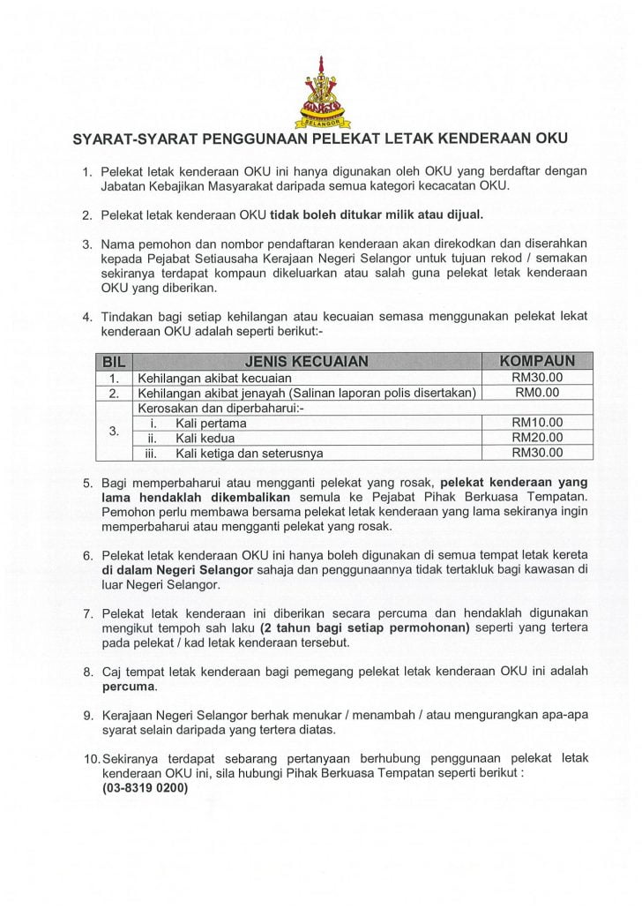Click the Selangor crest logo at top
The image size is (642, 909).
[321, 91]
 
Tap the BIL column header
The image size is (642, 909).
[114, 361]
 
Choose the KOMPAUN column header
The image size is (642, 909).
[537, 361]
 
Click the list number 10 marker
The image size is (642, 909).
[91, 759]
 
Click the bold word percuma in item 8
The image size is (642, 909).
[129, 686]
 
